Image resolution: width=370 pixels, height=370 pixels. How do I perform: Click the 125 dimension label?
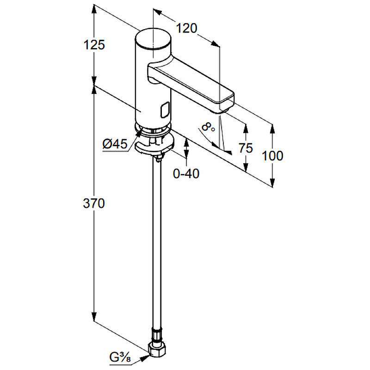pos(94,44)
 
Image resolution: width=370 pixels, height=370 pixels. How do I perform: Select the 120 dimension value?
pos(186,28)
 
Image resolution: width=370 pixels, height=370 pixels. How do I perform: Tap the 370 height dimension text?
pos(94,203)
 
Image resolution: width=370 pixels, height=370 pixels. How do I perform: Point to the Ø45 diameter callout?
pos(115,143)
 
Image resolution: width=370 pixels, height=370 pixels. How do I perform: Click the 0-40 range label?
pos(186,174)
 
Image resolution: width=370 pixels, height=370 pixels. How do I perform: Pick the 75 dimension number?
pos(246,148)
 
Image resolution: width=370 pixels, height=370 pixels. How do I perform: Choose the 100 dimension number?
pos(272,156)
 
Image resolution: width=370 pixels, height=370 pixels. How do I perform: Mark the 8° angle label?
pos(208,128)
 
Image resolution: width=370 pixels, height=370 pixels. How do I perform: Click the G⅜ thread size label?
pos(120,358)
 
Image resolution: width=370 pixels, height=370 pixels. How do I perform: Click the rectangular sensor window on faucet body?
pos(165,111)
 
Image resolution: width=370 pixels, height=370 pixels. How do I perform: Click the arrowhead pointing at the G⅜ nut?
pos(145,358)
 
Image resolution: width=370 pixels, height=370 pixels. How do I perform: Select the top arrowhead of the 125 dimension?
pos(94,10)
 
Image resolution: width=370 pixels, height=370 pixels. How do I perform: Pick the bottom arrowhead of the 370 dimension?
pos(94,315)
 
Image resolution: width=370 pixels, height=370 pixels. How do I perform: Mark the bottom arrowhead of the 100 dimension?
pos(272,182)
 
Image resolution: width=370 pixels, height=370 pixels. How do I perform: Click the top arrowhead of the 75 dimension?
pos(246,129)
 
